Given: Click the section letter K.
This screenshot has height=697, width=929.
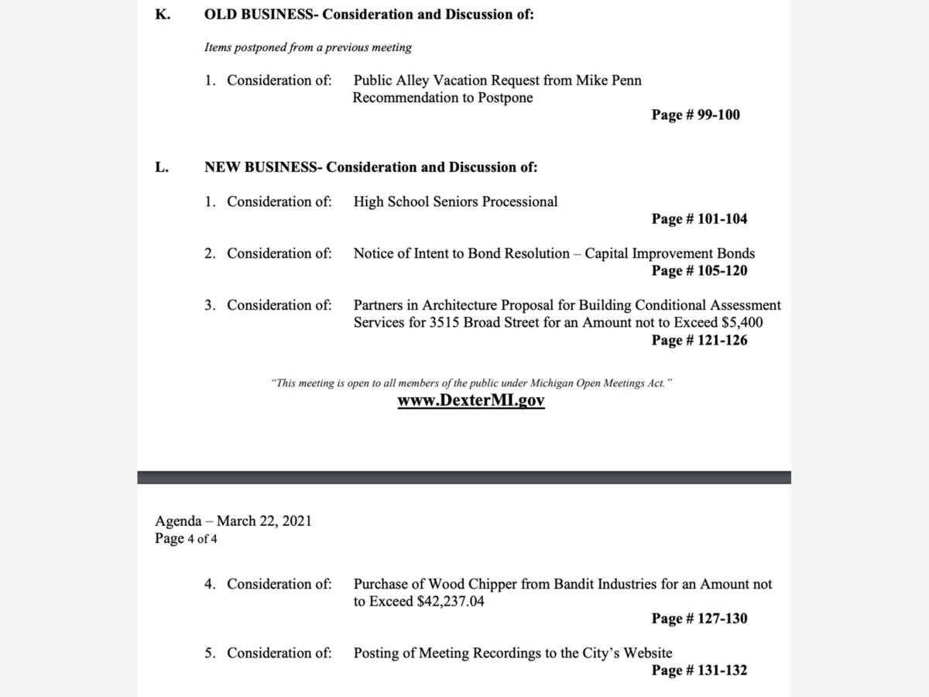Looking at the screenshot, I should [x=163, y=15].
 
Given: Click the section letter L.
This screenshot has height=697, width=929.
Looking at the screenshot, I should [x=162, y=167].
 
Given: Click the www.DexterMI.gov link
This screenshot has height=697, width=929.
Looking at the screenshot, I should [x=471, y=401].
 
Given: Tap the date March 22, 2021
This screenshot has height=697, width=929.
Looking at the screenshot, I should [x=264, y=521].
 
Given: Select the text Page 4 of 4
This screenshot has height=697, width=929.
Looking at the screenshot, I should [x=186, y=538].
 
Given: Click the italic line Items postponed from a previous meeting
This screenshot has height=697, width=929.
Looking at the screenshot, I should [x=307, y=48].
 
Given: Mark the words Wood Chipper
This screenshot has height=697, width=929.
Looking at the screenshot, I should [x=478, y=585].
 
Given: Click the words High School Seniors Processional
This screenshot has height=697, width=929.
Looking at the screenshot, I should [x=455, y=202].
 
